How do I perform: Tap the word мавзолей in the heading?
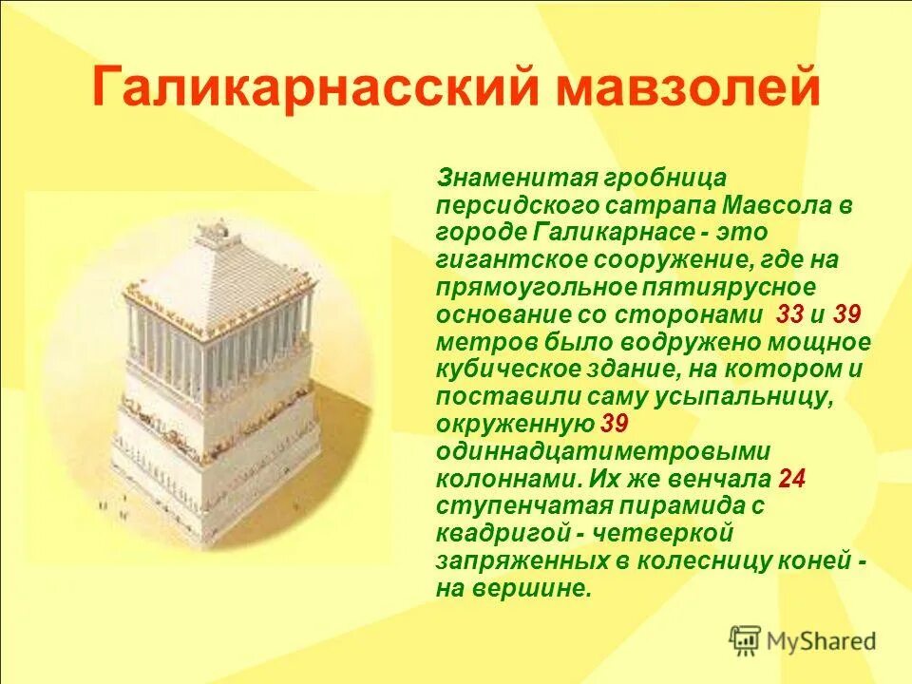coord(689,88)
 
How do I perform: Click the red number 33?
coord(789,314)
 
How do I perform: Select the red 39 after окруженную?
coord(614,424)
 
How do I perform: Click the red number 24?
coord(791,479)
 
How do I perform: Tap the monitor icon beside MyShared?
coord(745,641)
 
